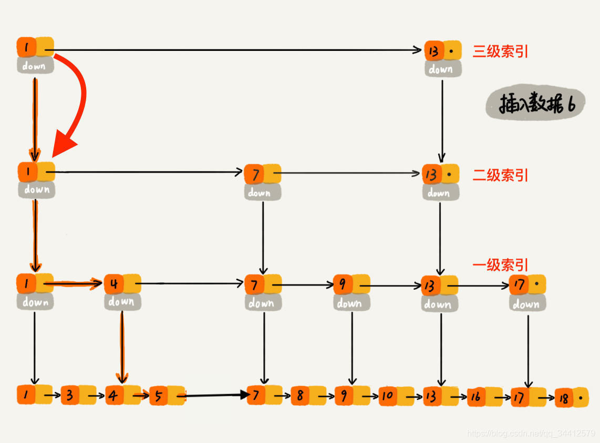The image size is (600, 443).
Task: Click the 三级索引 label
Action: pyautogui.click(x=500, y=51)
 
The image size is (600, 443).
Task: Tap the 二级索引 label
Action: pyautogui.click(x=500, y=175)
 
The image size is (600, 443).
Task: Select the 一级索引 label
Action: pyautogui.click(x=500, y=265)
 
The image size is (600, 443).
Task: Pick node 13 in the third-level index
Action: pyautogui.click(x=442, y=51)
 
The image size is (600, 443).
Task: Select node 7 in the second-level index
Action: pyautogui.click(x=262, y=174)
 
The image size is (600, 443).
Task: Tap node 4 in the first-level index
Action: pyautogui.click(x=122, y=284)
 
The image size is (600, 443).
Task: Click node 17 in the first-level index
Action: pyautogui.click(x=527, y=285)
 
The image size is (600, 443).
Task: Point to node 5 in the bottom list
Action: pyautogui.click(x=167, y=396)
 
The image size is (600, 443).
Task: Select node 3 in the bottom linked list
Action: pyautogui.click(x=78, y=395)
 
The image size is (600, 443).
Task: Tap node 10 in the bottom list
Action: pyautogui.click(x=396, y=396)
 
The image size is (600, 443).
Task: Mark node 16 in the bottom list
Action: pyautogui.click(x=484, y=397)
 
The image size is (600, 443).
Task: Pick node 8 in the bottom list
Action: pyautogui.click(x=308, y=396)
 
